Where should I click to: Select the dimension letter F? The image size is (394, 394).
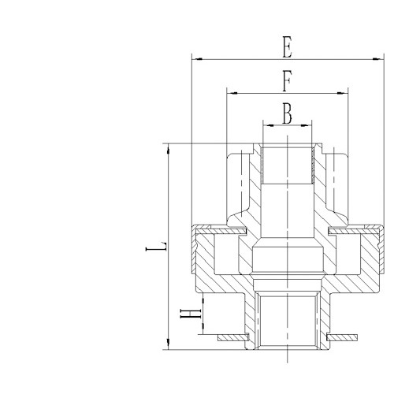tap(288, 81)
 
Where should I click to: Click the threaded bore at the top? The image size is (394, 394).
tap(288, 162)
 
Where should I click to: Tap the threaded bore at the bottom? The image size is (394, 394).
tap(288, 323)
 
